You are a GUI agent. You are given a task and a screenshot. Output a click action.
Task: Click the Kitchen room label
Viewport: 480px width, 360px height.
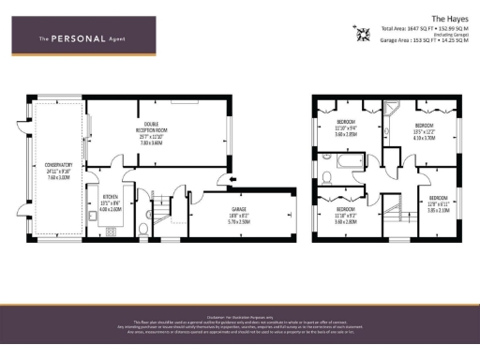coord(112,205)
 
